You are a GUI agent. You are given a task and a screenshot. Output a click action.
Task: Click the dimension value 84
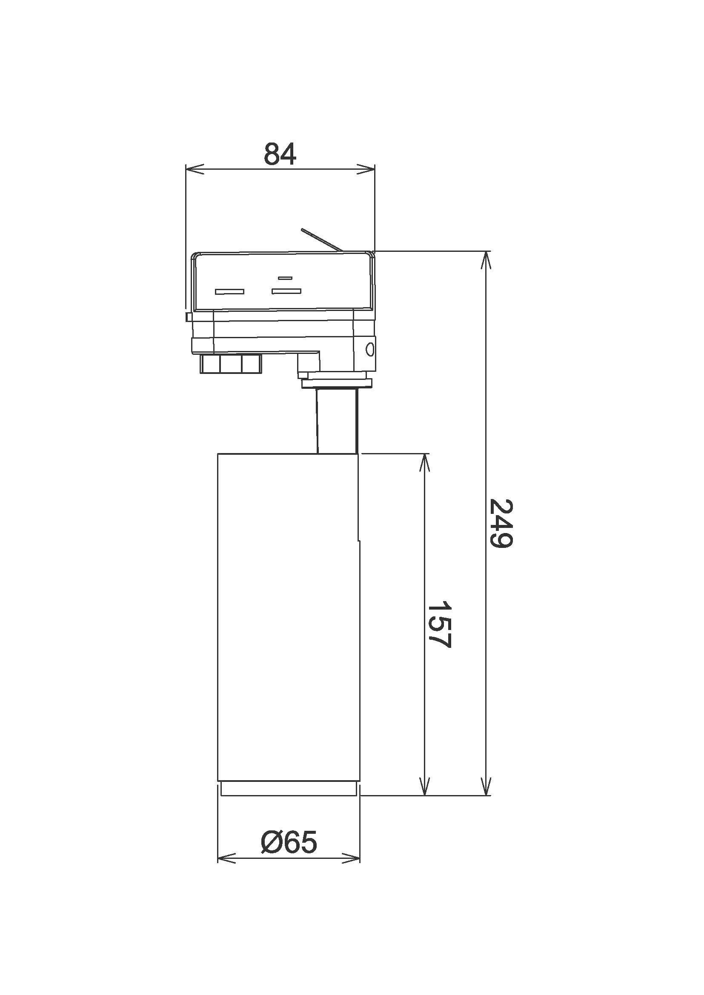[280, 154]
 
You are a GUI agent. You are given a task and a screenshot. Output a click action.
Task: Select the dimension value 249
[501, 524]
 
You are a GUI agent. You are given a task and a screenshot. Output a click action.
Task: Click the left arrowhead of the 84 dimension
[195, 169]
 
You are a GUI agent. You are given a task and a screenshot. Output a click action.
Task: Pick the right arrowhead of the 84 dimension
[366, 169]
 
